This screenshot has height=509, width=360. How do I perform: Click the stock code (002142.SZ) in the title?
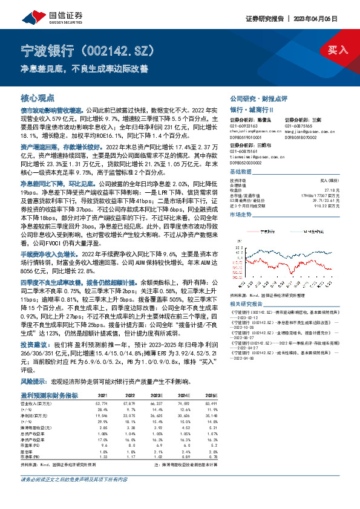click(120, 50)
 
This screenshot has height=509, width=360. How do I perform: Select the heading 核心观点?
click(38, 98)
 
